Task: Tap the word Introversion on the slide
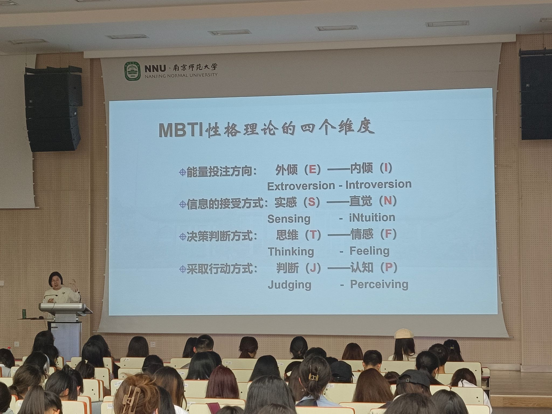click(378, 184)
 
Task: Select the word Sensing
click(289, 219)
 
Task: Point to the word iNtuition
click(372, 217)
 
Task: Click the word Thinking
click(291, 252)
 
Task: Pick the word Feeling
click(370, 251)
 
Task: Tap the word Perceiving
click(379, 284)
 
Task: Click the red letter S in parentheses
click(312, 202)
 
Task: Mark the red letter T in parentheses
click(313, 235)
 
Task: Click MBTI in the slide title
click(181, 130)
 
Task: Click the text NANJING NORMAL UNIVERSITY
click(181, 75)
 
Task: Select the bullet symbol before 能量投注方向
click(182, 172)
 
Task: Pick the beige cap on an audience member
click(403, 334)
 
